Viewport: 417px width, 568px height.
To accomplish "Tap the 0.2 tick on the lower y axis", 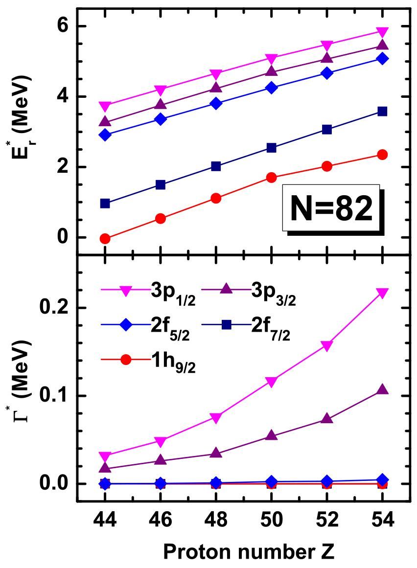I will click(x=59, y=308).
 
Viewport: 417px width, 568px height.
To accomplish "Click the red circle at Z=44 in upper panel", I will click(x=105, y=238).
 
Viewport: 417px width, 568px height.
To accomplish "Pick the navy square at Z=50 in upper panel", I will click(x=272, y=148).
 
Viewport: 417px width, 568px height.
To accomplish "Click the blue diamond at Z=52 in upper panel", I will click(x=327, y=73).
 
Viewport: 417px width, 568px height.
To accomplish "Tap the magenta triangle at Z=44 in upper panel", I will click(x=105, y=106).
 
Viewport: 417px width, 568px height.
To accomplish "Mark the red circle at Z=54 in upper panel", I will click(x=383, y=155).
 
